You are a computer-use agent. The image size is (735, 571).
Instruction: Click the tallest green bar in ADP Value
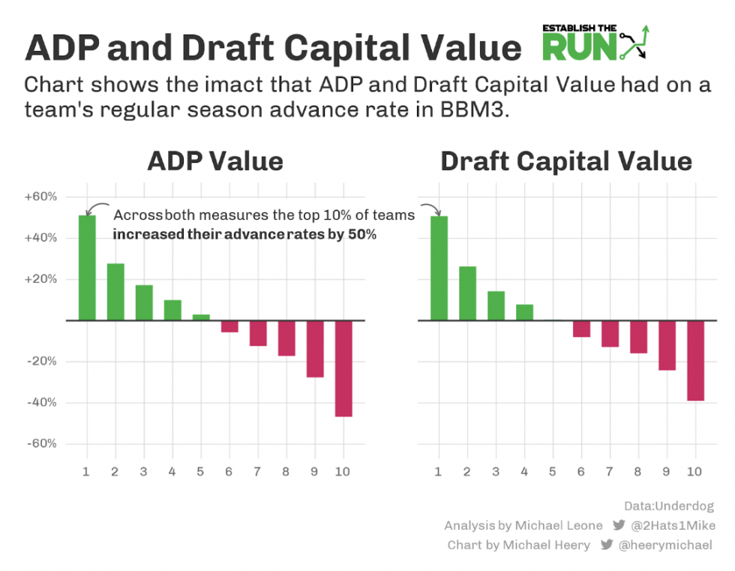(87, 268)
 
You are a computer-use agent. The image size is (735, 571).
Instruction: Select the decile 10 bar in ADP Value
(343, 368)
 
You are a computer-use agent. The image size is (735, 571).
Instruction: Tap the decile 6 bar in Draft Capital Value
(581, 329)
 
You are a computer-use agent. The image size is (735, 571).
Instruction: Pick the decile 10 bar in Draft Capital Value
(695, 361)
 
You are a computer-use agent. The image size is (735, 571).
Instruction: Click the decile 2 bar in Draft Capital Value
(467, 293)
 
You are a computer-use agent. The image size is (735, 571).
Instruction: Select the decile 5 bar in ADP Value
(201, 317)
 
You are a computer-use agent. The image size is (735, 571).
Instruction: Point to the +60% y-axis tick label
(41, 197)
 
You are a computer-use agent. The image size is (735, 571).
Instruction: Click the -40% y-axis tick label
(42, 403)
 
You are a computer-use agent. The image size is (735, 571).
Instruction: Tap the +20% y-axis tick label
(41, 279)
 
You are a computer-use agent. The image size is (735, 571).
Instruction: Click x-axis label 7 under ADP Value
(258, 472)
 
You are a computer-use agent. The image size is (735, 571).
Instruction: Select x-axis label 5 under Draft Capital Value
(553, 472)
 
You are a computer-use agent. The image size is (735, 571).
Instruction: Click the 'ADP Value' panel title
(215, 161)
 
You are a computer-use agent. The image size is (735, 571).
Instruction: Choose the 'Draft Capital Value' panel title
(566, 161)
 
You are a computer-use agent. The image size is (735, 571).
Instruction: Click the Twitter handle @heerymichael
(664, 545)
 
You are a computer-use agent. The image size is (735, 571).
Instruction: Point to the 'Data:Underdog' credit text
(668, 506)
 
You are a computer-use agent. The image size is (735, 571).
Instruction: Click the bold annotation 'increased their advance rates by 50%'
(244, 235)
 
